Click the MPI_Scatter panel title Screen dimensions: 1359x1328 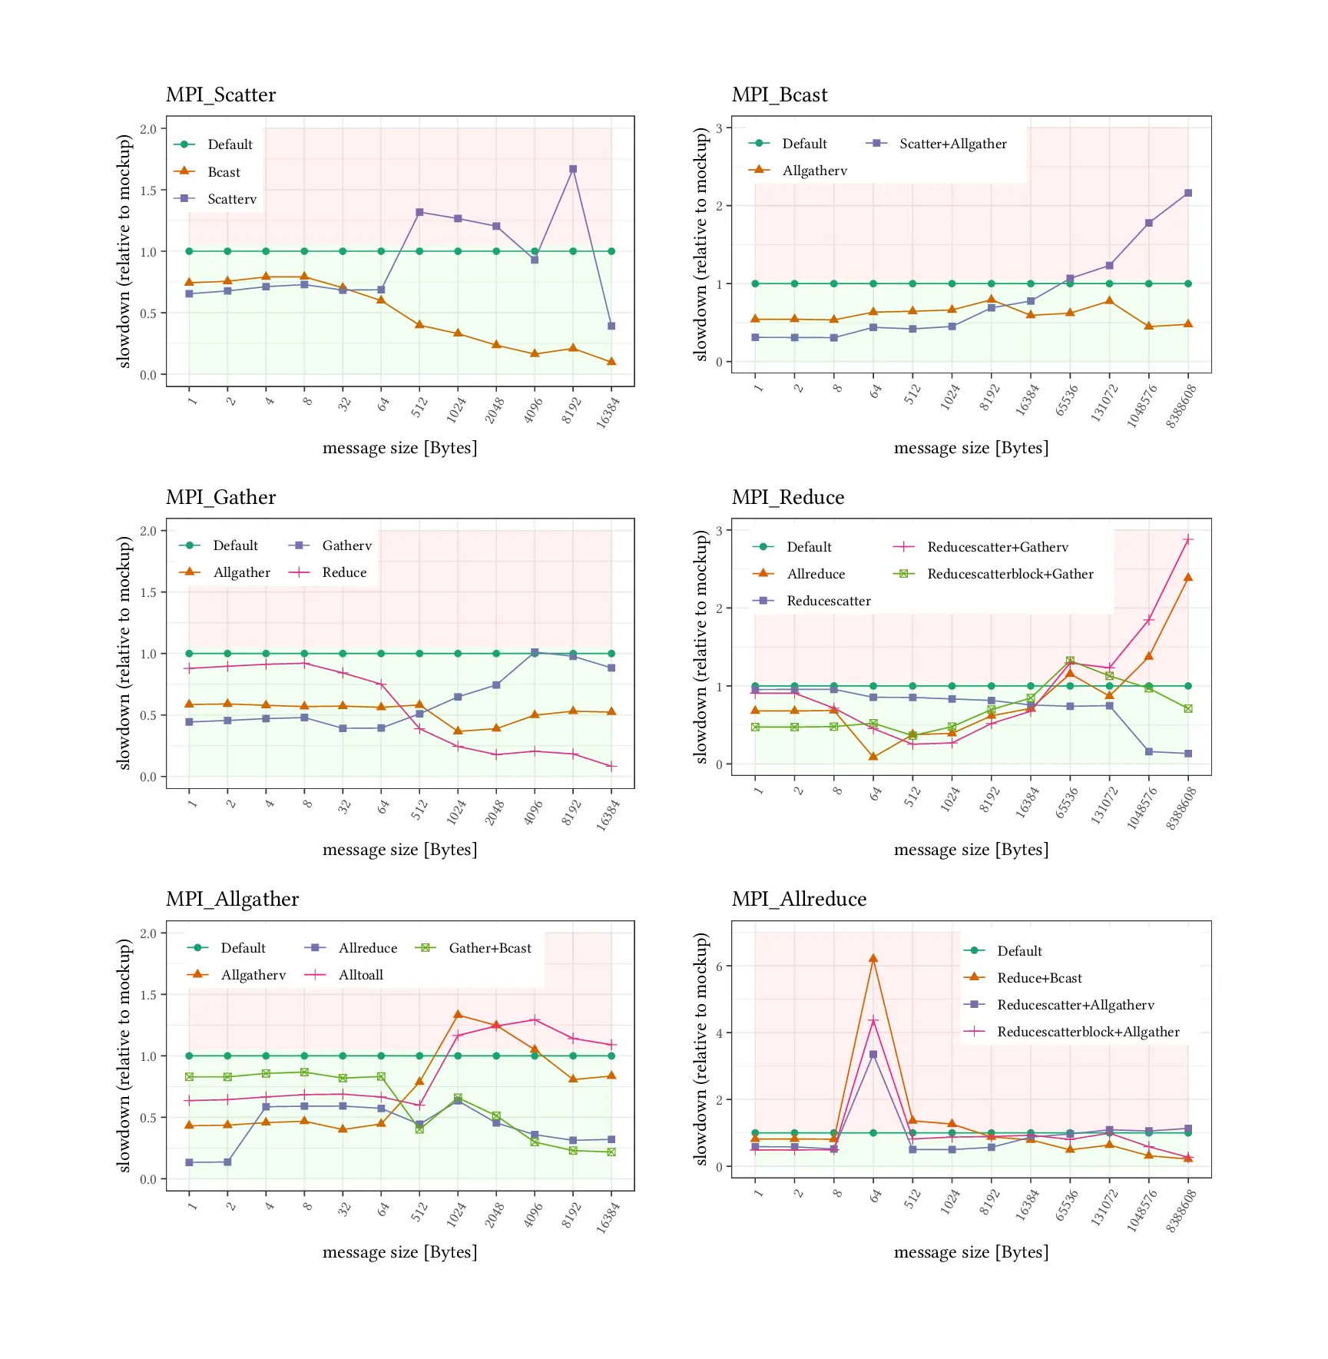[x=220, y=94]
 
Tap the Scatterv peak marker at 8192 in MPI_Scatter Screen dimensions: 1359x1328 [x=573, y=169]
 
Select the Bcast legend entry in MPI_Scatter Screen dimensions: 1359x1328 [x=224, y=172]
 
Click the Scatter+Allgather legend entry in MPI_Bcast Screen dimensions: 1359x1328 [x=952, y=144]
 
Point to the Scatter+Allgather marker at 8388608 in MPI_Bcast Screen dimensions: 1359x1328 [x=1188, y=193]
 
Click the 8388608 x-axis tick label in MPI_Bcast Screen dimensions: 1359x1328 [x=1181, y=406]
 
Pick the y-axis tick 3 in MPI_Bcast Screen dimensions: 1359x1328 [x=719, y=128]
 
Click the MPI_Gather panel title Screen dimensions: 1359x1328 [x=220, y=497]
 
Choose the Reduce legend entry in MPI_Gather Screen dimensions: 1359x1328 [x=344, y=572]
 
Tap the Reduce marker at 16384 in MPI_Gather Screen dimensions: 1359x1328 [x=611, y=766]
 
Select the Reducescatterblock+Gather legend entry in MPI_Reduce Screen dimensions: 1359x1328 [x=1010, y=574]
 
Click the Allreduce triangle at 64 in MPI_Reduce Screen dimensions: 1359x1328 [x=873, y=756]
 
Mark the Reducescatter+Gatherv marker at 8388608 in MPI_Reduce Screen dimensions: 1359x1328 [x=1188, y=539]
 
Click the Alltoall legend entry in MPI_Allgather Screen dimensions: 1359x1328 [x=360, y=975]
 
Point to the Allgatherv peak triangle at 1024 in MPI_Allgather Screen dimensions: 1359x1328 [x=458, y=1015]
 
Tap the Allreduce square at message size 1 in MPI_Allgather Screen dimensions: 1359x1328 [x=189, y=1162]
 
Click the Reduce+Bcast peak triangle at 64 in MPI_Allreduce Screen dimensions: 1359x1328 [x=873, y=959]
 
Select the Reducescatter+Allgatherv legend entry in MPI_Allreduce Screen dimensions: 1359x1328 [x=1075, y=1005]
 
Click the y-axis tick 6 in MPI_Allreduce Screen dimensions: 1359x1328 [x=719, y=966]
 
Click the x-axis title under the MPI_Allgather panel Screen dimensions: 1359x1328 [x=399, y=1251]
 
